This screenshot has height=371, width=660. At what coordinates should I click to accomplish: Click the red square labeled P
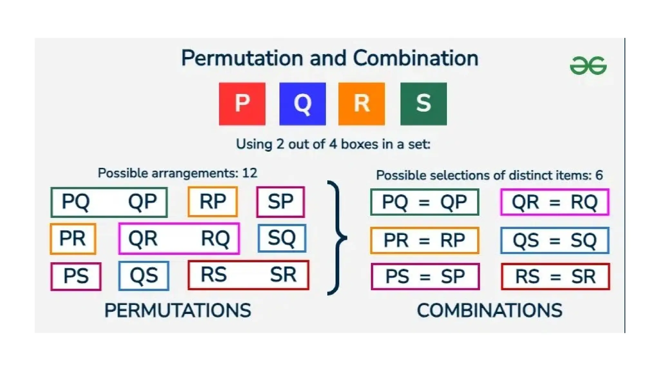click(x=242, y=104)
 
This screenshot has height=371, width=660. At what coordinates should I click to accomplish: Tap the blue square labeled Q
click(x=302, y=104)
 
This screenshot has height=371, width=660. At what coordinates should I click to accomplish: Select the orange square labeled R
click(x=361, y=104)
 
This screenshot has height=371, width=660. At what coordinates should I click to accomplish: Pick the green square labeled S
click(x=423, y=104)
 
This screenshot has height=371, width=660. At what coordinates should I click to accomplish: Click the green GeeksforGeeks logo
click(x=588, y=66)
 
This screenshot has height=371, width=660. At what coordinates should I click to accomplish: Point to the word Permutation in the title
click(x=242, y=58)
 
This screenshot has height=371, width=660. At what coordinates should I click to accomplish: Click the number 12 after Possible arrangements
click(x=249, y=173)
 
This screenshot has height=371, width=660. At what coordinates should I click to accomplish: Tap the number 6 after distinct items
click(x=599, y=175)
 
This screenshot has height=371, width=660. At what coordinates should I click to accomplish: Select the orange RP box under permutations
click(x=213, y=202)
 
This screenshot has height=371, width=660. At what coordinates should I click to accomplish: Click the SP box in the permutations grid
click(x=280, y=202)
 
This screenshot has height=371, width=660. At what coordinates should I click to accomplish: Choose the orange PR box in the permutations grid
click(x=73, y=239)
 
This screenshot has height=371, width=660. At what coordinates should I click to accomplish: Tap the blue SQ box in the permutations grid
click(x=282, y=238)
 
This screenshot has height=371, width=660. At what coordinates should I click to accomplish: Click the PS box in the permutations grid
click(x=76, y=276)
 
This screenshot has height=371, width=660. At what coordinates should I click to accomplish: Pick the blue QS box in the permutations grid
click(x=144, y=276)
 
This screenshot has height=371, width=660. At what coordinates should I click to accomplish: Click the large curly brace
click(x=337, y=238)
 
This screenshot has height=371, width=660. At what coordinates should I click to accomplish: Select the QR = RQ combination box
click(x=555, y=202)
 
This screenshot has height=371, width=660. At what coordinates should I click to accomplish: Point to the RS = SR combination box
click(x=555, y=276)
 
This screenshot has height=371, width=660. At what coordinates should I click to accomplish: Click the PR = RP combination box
click(x=424, y=240)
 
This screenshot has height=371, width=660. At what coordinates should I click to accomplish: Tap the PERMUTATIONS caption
click(x=178, y=310)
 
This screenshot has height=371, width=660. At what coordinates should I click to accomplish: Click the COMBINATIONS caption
click(x=489, y=310)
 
